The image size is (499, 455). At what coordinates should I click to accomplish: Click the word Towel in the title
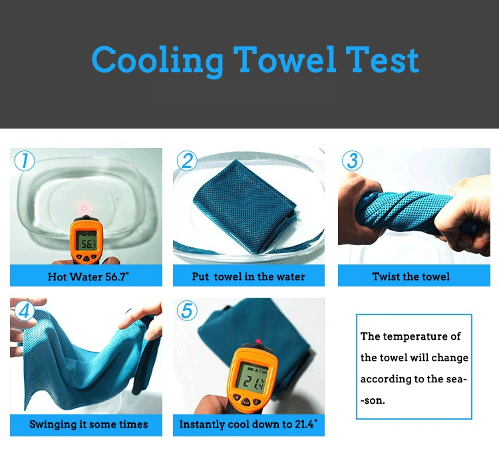(285, 59)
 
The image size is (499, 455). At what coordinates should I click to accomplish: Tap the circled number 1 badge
(25, 161)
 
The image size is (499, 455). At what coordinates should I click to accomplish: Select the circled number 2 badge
(187, 161)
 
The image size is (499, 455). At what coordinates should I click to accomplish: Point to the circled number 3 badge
(352, 161)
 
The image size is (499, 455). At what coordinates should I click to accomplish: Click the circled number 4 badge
(25, 310)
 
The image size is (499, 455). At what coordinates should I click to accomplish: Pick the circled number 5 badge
(187, 310)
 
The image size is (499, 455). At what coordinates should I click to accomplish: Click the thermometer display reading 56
(86, 241)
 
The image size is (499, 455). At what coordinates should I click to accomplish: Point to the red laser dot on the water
(84, 209)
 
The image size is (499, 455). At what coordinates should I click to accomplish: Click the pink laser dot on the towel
(258, 341)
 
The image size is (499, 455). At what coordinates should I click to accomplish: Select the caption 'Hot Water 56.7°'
(88, 276)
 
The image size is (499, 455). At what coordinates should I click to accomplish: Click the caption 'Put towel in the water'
(249, 276)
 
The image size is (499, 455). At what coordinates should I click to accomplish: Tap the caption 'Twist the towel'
(411, 276)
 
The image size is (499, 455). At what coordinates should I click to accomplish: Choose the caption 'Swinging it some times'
(88, 424)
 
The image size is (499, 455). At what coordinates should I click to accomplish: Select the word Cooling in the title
(158, 61)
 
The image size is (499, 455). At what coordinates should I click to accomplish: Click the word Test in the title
(382, 59)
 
